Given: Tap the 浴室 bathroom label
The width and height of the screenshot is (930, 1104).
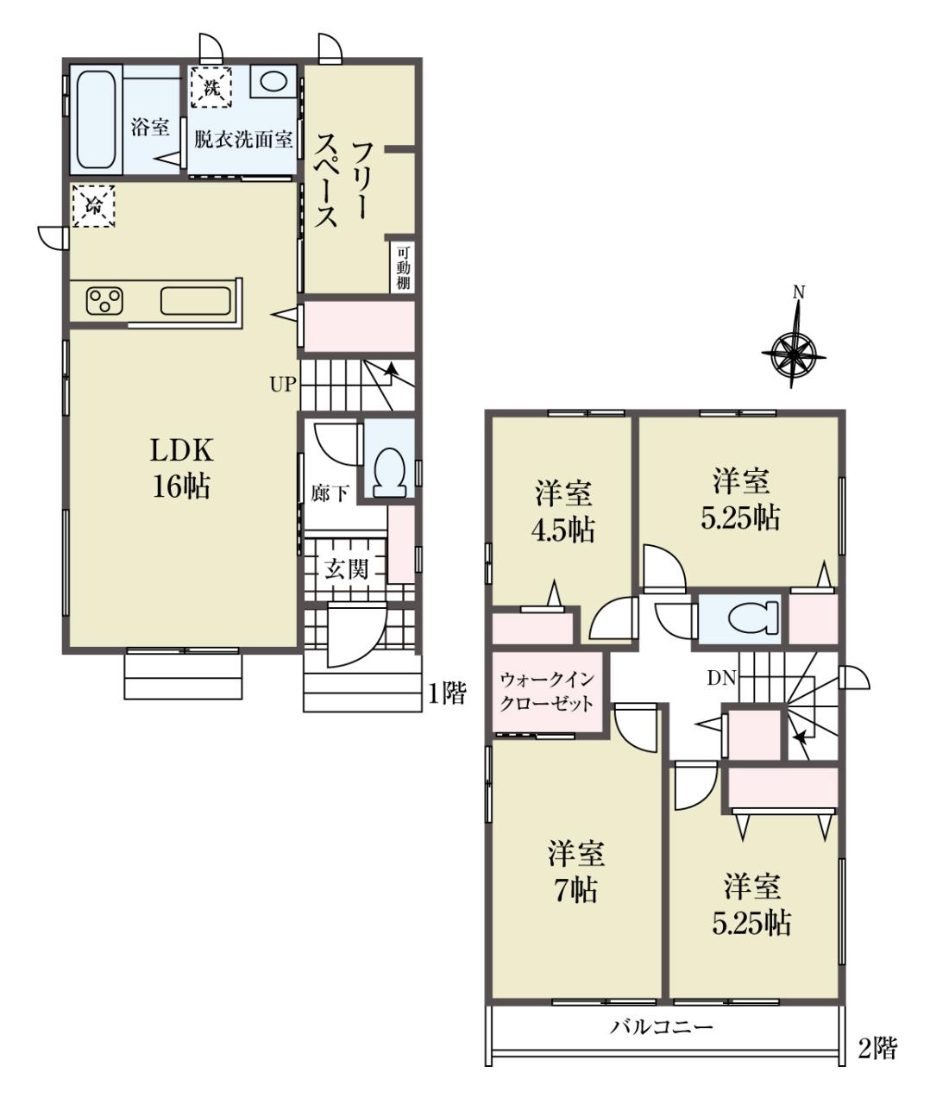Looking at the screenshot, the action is click(150, 128).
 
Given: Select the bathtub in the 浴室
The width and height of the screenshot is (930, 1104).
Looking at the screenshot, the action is click(96, 120).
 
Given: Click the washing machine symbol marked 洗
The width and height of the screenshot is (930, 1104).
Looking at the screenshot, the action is click(211, 87).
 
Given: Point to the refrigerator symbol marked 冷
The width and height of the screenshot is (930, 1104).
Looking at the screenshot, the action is click(94, 205).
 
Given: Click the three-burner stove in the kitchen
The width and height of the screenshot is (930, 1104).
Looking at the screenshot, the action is click(104, 301).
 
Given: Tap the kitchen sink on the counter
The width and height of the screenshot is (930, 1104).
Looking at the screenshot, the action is click(196, 300).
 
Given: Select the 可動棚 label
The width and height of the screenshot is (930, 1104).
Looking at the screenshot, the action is click(403, 267).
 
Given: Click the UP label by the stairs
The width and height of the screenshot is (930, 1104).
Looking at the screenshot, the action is click(282, 385).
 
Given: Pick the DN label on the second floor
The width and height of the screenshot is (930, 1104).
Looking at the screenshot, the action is click(721, 679).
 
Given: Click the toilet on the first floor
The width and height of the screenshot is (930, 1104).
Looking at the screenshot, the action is click(389, 472).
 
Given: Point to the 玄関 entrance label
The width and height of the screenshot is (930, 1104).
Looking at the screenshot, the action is click(346, 569).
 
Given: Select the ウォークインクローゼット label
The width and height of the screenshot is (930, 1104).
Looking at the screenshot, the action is click(547, 692).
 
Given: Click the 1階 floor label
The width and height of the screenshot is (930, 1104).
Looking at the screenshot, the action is click(447, 693).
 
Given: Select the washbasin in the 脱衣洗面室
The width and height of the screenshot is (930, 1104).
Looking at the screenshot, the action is click(273, 82).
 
